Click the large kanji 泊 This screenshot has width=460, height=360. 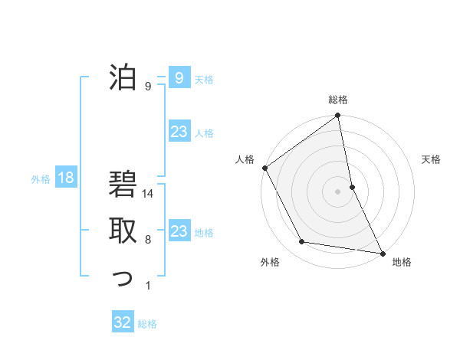pyautogui.click(x=123, y=77)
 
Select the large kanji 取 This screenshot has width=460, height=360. pyautogui.click(x=123, y=230)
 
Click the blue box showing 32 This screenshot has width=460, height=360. pyautogui.click(x=123, y=322)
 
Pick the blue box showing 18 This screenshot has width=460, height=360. pyautogui.click(x=66, y=178)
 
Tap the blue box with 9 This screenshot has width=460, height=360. pyautogui.click(x=179, y=77)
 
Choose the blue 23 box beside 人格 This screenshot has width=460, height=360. pyautogui.click(x=179, y=132)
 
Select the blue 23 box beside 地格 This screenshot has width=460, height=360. pyautogui.click(x=179, y=231)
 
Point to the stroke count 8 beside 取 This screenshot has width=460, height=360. pyautogui.click(x=148, y=240)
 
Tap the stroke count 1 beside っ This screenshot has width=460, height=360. pyautogui.click(x=148, y=286)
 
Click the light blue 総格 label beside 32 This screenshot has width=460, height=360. pyautogui.click(x=147, y=324)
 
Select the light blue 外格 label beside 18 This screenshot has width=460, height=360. pyautogui.click(x=41, y=179)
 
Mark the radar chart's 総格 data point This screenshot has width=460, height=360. pyautogui.click(x=338, y=116)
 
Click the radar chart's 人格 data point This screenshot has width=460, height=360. pyautogui.click(x=265, y=168)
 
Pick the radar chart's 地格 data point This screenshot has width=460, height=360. pyautogui.click(x=382, y=252)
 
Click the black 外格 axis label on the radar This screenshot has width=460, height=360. pyautogui.click(x=270, y=263)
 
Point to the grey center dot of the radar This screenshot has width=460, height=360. pyautogui.click(x=338, y=191)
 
